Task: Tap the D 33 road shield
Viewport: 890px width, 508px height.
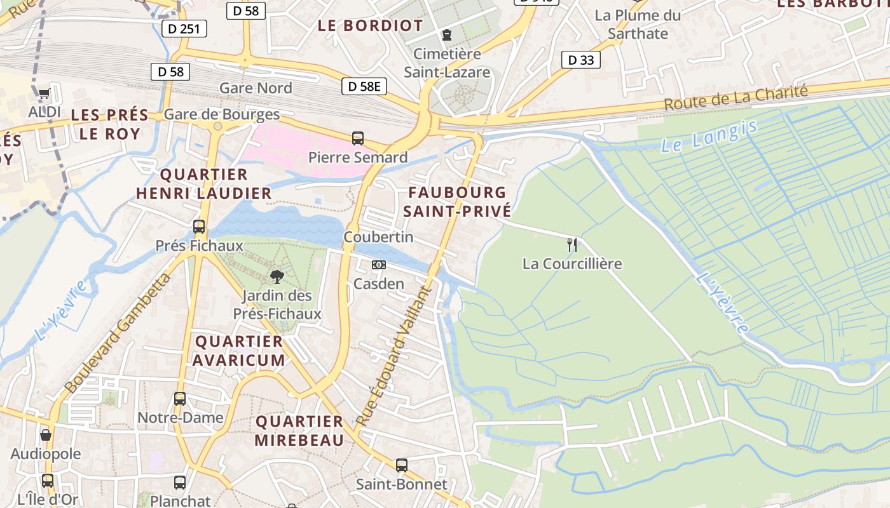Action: coord(581,60)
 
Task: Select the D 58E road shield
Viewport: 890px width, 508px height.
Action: coord(364,86)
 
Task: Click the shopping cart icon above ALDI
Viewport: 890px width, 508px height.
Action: coord(44,94)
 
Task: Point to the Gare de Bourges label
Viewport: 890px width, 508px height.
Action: coord(221,114)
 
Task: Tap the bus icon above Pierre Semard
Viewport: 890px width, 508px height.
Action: coord(358,138)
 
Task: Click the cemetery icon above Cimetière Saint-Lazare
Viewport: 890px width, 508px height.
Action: coord(447,34)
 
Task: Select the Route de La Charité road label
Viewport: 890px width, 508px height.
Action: coord(736,98)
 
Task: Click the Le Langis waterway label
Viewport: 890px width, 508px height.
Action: coord(709,135)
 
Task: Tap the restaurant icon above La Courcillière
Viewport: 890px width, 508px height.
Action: coord(572,244)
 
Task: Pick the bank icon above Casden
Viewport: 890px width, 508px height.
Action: coord(379,265)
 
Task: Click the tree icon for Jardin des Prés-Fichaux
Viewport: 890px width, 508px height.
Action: coord(277,276)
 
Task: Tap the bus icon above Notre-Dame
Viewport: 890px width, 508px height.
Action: coord(180,399)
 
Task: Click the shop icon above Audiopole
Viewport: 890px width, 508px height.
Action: coord(46,435)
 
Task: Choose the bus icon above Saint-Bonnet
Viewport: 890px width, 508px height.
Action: coord(401,465)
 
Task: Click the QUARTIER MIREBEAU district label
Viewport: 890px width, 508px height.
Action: coord(299,431)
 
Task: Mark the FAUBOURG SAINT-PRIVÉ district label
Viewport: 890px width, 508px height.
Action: coord(457,202)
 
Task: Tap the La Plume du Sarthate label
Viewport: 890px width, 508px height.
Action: coord(638,24)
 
